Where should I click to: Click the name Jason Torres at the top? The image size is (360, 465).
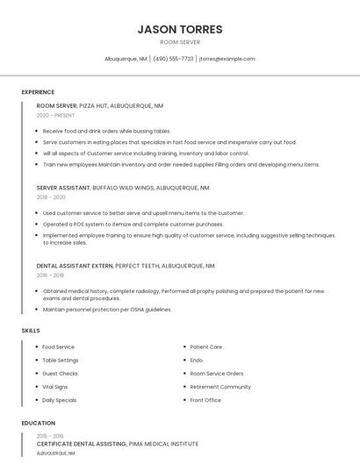click(x=180, y=29)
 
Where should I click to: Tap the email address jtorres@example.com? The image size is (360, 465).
click(x=227, y=59)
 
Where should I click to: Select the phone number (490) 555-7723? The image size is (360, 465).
click(x=174, y=59)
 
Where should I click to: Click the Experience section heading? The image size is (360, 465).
click(x=38, y=92)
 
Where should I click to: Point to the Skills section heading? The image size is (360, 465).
click(x=31, y=331)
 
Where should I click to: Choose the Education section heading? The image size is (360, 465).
click(x=39, y=423)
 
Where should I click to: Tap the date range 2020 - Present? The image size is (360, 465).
click(x=56, y=115)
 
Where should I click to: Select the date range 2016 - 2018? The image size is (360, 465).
click(x=50, y=275)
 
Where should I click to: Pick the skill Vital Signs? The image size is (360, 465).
click(x=54, y=386)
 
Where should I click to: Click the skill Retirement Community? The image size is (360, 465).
click(x=220, y=386)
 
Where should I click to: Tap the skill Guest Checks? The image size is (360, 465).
click(x=60, y=373)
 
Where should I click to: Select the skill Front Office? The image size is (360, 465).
click(x=205, y=400)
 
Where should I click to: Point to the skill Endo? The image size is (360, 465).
click(x=196, y=360)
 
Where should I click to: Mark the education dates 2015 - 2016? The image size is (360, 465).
click(x=50, y=436)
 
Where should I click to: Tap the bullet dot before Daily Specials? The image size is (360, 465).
click(x=35, y=400)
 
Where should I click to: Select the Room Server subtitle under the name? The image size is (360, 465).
click(x=180, y=41)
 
